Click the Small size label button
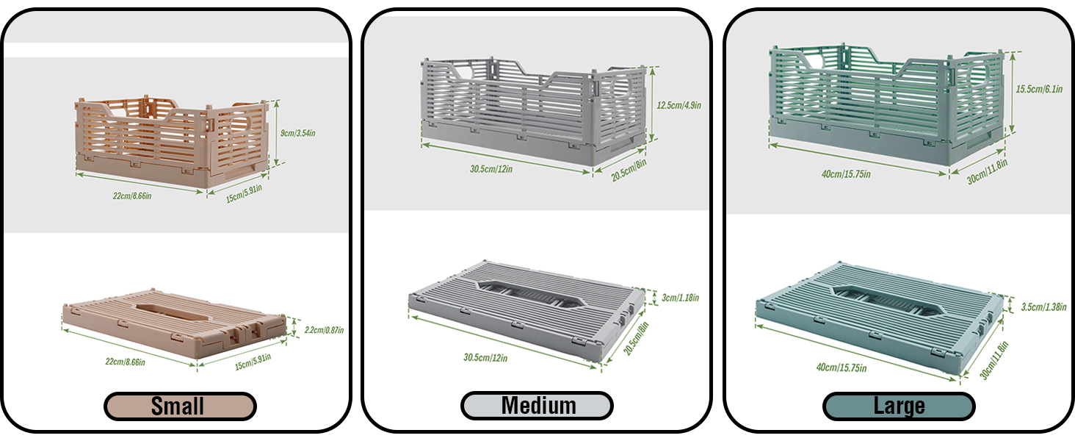tap(180, 406)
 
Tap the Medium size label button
tap(537, 406)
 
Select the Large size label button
tap(899, 406)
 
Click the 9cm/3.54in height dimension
tap(298, 133)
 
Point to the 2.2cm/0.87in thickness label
tap(324, 330)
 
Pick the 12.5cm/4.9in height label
tap(678, 105)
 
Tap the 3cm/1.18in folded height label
tap(679, 298)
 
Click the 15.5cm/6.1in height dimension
tap(1040, 89)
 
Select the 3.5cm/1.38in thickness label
tap(1043, 307)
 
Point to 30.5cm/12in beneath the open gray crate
tap(492, 168)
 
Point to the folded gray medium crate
tap(524, 307)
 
